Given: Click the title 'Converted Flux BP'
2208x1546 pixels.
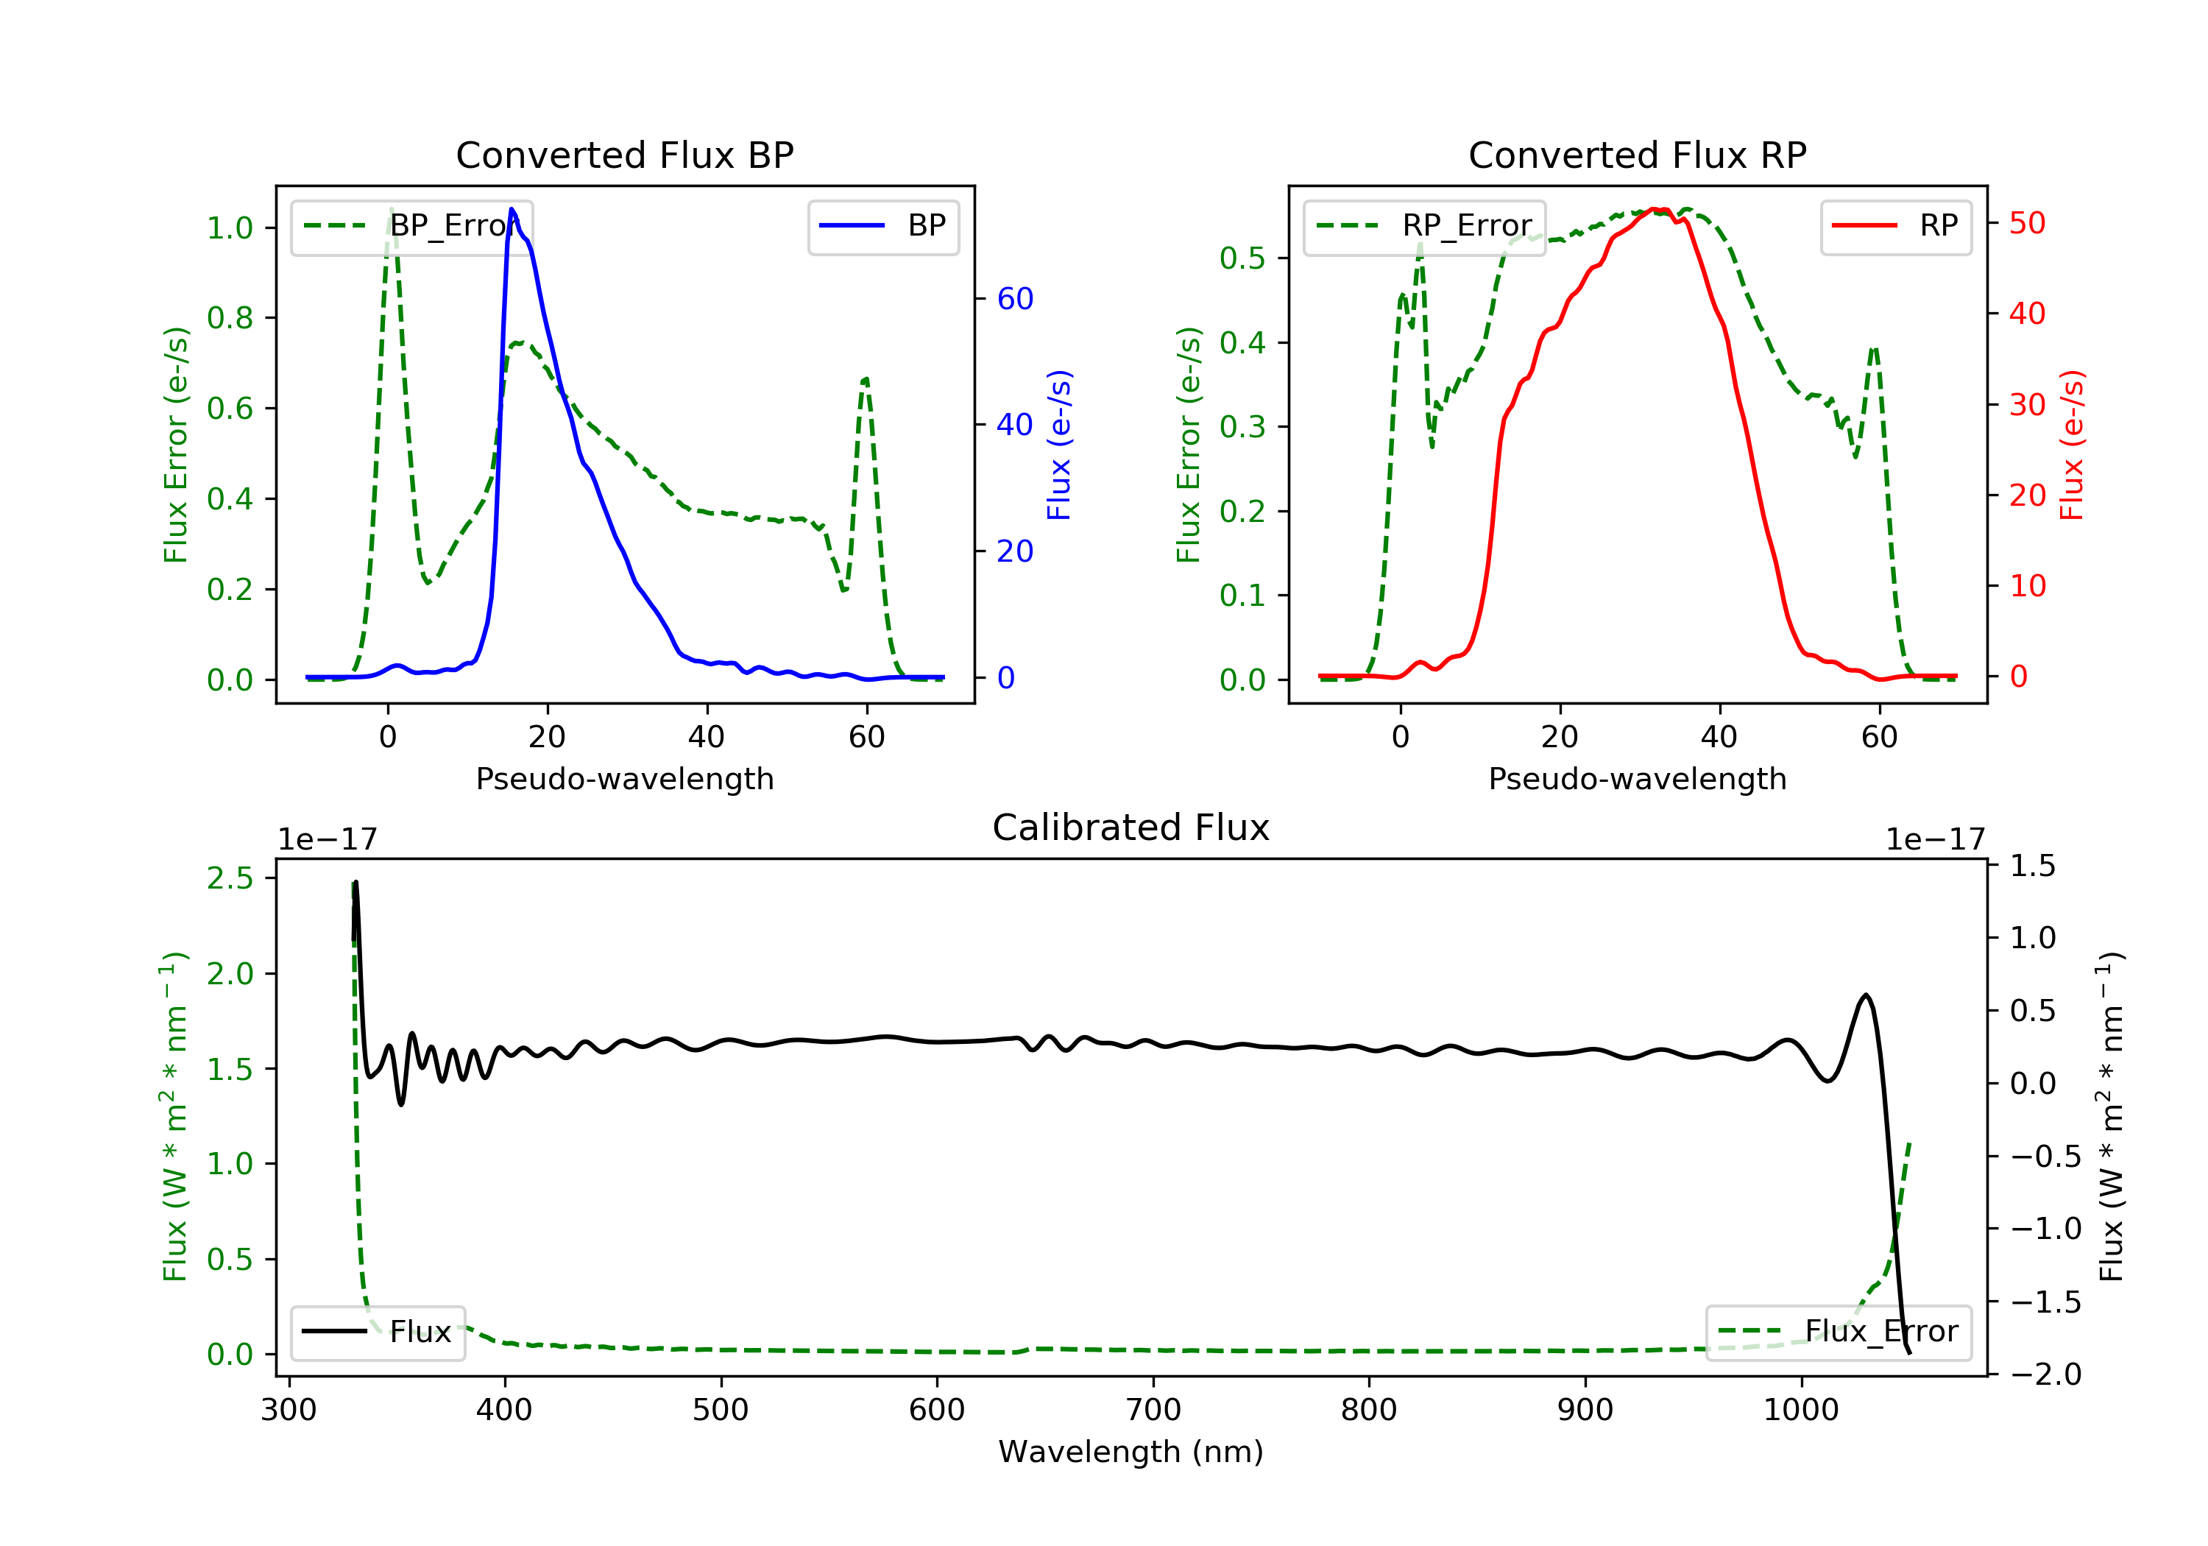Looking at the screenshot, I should tap(624, 155).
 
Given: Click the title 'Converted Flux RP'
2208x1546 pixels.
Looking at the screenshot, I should tap(1637, 155).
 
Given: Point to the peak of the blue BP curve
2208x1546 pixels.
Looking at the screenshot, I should tap(512, 209).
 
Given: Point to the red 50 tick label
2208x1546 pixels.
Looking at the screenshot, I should tap(2027, 223).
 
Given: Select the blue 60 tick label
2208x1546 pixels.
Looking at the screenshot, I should tap(1014, 299).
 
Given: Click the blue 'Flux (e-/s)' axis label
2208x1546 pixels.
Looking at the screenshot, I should tap(1059, 445).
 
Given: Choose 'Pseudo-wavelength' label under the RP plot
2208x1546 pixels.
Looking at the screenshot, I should tap(1637, 778).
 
